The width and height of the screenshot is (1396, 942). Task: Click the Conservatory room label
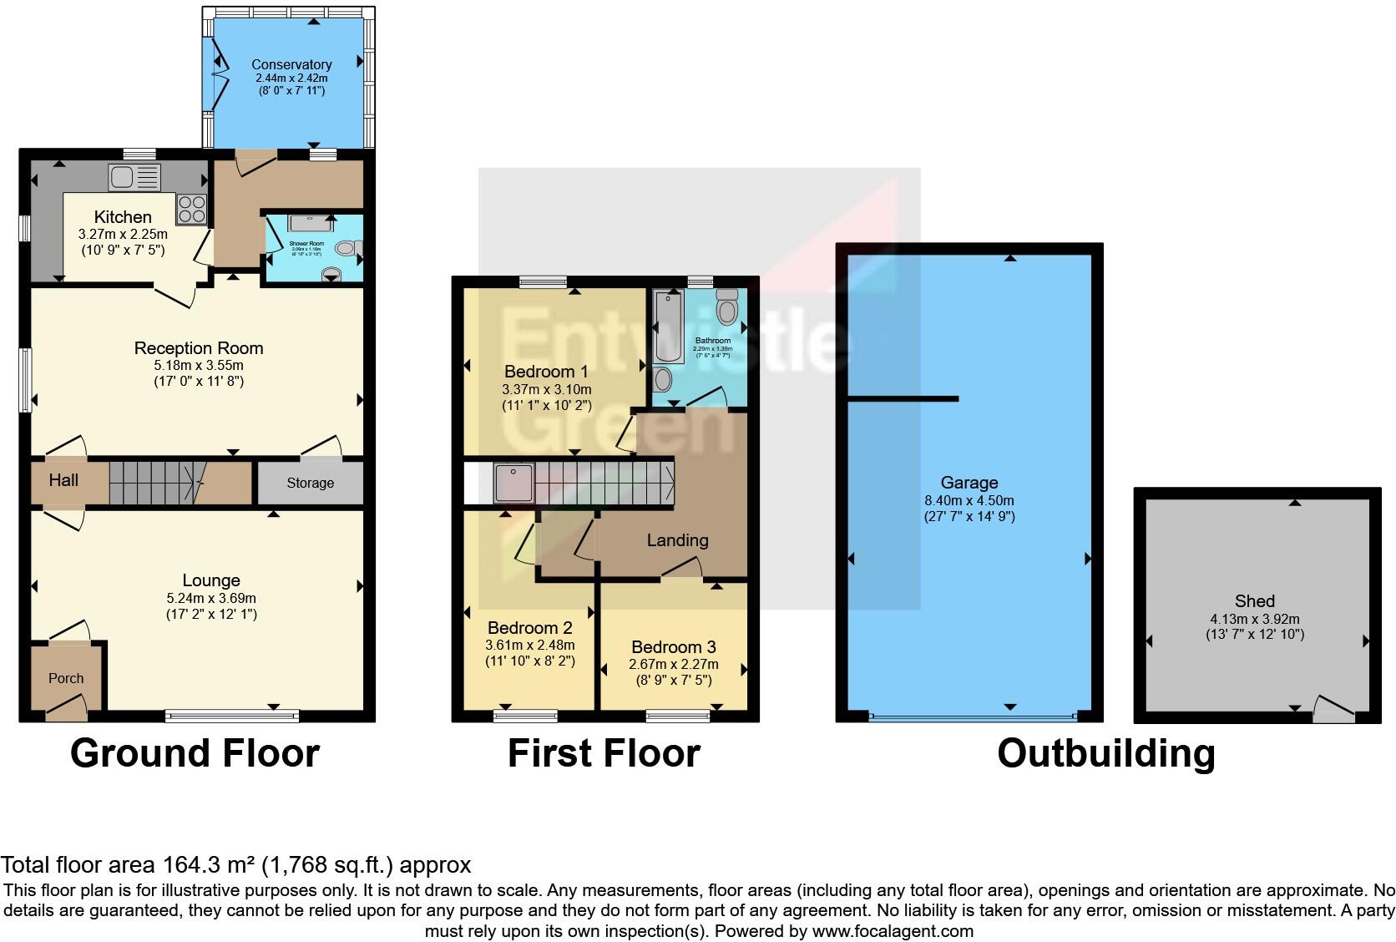click(x=291, y=64)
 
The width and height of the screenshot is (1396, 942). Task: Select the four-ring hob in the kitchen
click(x=191, y=209)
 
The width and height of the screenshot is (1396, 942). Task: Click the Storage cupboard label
click(x=310, y=483)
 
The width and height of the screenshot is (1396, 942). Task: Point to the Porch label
click(x=66, y=678)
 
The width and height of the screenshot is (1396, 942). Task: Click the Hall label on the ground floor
click(x=63, y=479)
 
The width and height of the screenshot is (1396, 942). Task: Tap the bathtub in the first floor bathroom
click(x=669, y=325)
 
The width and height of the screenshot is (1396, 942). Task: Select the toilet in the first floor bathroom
click(x=727, y=307)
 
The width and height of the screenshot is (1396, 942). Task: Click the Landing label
click(x=677, y=540)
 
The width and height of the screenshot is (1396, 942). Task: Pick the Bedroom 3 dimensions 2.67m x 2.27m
click(x=673, y=665)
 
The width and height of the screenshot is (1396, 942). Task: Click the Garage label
click(x=969, y=482)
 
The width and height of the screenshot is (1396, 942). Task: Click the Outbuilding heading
click(x=1105, y=753)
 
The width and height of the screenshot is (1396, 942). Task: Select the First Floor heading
click(x=604, y=753)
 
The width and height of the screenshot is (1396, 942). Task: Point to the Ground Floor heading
click(x=195, y=753)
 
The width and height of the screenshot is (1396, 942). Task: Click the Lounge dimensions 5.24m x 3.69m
click(x=211, y=598)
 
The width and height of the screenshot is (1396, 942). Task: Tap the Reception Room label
click(x=199, y=348)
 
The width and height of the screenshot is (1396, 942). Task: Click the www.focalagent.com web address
click(x=892, y=930)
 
